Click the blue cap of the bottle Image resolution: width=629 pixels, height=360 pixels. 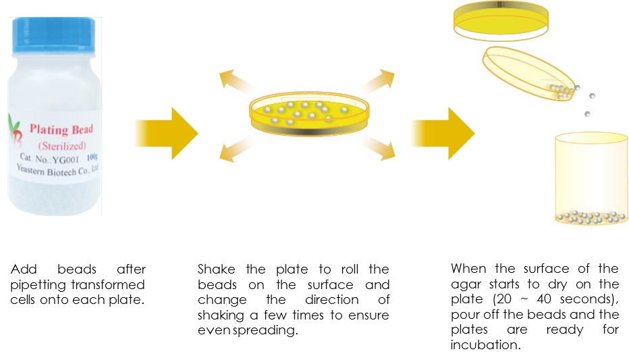[x=54, y=34]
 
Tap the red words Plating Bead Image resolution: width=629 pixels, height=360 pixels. [x=61, y=129]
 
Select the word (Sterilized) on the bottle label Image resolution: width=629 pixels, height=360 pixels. [x=62, y=145]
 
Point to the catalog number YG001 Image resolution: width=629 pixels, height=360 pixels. [x=65, y=159]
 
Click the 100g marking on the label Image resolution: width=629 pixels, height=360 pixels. [x=92, y=157]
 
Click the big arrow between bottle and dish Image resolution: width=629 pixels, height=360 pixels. [x=166, y=133]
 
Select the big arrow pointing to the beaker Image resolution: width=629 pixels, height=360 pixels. [x=443, y=133]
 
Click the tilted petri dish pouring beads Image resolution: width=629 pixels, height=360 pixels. [x=528, y=73]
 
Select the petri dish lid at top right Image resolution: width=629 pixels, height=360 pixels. [x=501, y=21]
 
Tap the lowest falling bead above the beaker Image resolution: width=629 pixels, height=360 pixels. [x=587, y=114]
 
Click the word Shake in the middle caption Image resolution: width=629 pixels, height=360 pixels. [x=216, y=269]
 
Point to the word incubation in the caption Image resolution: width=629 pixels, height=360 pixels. [x=485, y=344]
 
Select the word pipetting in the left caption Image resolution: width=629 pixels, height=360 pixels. [x=39, y=285]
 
